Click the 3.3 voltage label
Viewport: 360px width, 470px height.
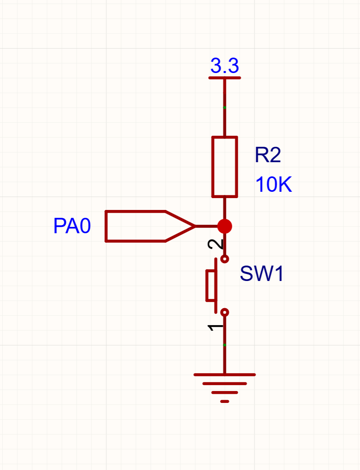point(225,66)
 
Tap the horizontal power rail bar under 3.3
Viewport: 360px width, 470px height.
point(225,78)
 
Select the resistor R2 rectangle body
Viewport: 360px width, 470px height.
point(225,167)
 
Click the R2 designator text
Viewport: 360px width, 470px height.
point(268,155)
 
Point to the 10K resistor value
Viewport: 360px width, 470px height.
point(273,184)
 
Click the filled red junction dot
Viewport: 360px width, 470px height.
point(225,226)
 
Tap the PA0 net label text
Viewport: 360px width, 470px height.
point(72,226)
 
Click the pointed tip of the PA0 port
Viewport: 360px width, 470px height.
point(195,226)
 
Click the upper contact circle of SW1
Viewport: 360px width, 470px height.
point(225,259)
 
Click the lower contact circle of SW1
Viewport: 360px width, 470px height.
point(225,312)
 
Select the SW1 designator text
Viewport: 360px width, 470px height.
point(261,273)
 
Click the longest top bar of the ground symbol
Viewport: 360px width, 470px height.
point(225,375)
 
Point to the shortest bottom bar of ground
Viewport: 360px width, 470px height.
point(225,401)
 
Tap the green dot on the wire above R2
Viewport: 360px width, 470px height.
point(225,107)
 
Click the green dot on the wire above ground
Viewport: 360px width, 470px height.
point(225,345)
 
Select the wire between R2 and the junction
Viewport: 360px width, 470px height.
point(225,208)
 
